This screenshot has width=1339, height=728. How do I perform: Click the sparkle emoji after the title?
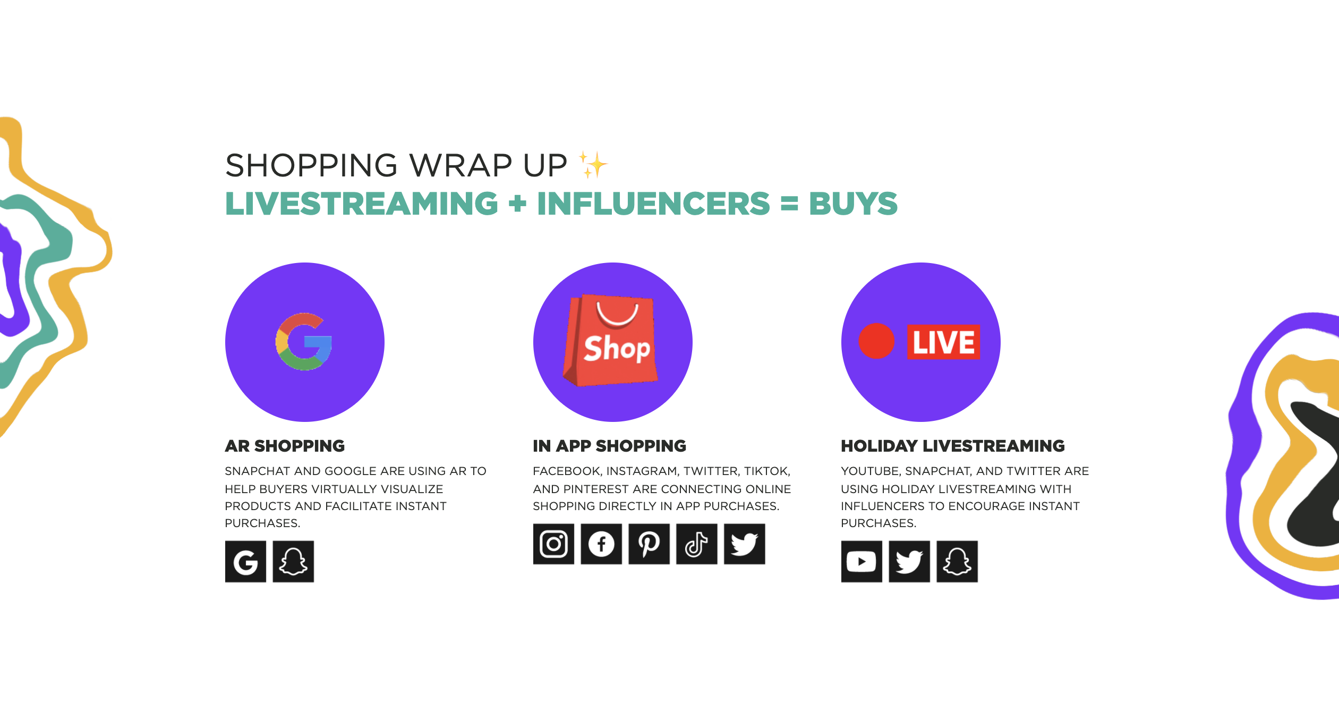coord(593,165)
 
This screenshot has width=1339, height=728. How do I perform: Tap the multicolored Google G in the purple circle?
coord(304,342)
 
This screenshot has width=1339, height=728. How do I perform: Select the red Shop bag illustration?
coord(611,340)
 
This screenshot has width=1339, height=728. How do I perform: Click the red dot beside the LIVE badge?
coord(876,341)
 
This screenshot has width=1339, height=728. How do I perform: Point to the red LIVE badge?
coord(943,342)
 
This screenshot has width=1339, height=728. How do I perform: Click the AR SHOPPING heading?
coord(285,446)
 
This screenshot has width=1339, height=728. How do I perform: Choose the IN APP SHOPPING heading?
coord(609,446)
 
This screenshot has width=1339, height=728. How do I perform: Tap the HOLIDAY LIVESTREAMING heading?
coord(953,446)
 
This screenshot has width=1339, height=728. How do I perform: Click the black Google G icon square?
coord(245,562)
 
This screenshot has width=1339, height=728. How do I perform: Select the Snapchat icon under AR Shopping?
coord(293,562)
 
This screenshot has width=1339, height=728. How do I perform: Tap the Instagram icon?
coord(553,544)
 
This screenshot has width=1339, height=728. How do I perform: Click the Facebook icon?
coord(601,544)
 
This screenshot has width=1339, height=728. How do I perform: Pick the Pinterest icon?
coord(649,544)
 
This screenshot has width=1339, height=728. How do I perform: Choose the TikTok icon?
coord(697,544)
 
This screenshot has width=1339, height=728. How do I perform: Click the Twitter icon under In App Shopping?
coord(745,544)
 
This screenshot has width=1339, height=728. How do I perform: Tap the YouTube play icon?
coord(862,562)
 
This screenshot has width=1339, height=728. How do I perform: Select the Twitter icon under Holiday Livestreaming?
coord(909,562)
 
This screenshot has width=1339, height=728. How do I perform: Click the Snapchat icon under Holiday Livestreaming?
coord(957,562)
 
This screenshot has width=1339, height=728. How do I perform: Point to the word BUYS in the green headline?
coord(853,204)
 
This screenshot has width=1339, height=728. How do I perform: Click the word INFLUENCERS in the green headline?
coord(653,204)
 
